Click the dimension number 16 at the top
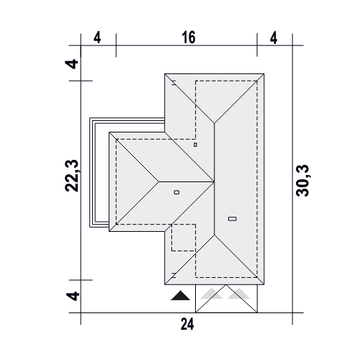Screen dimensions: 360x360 (x=189, y=37)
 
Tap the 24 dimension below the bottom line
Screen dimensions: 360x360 (x=187, y=324)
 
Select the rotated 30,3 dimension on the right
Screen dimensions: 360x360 (x=303, y=181)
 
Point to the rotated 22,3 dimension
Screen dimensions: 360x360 (x=72, y=176)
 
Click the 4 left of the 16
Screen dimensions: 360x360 (x=97, y=37)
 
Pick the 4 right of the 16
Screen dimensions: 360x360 (x=274, y=38)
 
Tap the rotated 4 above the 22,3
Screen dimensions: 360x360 (x=72, y=64)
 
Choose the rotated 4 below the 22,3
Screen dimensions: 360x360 (x=73, y=296)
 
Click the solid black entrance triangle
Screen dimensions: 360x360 (x=180, y=296)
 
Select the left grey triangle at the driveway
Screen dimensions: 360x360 (x=211, y=294)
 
